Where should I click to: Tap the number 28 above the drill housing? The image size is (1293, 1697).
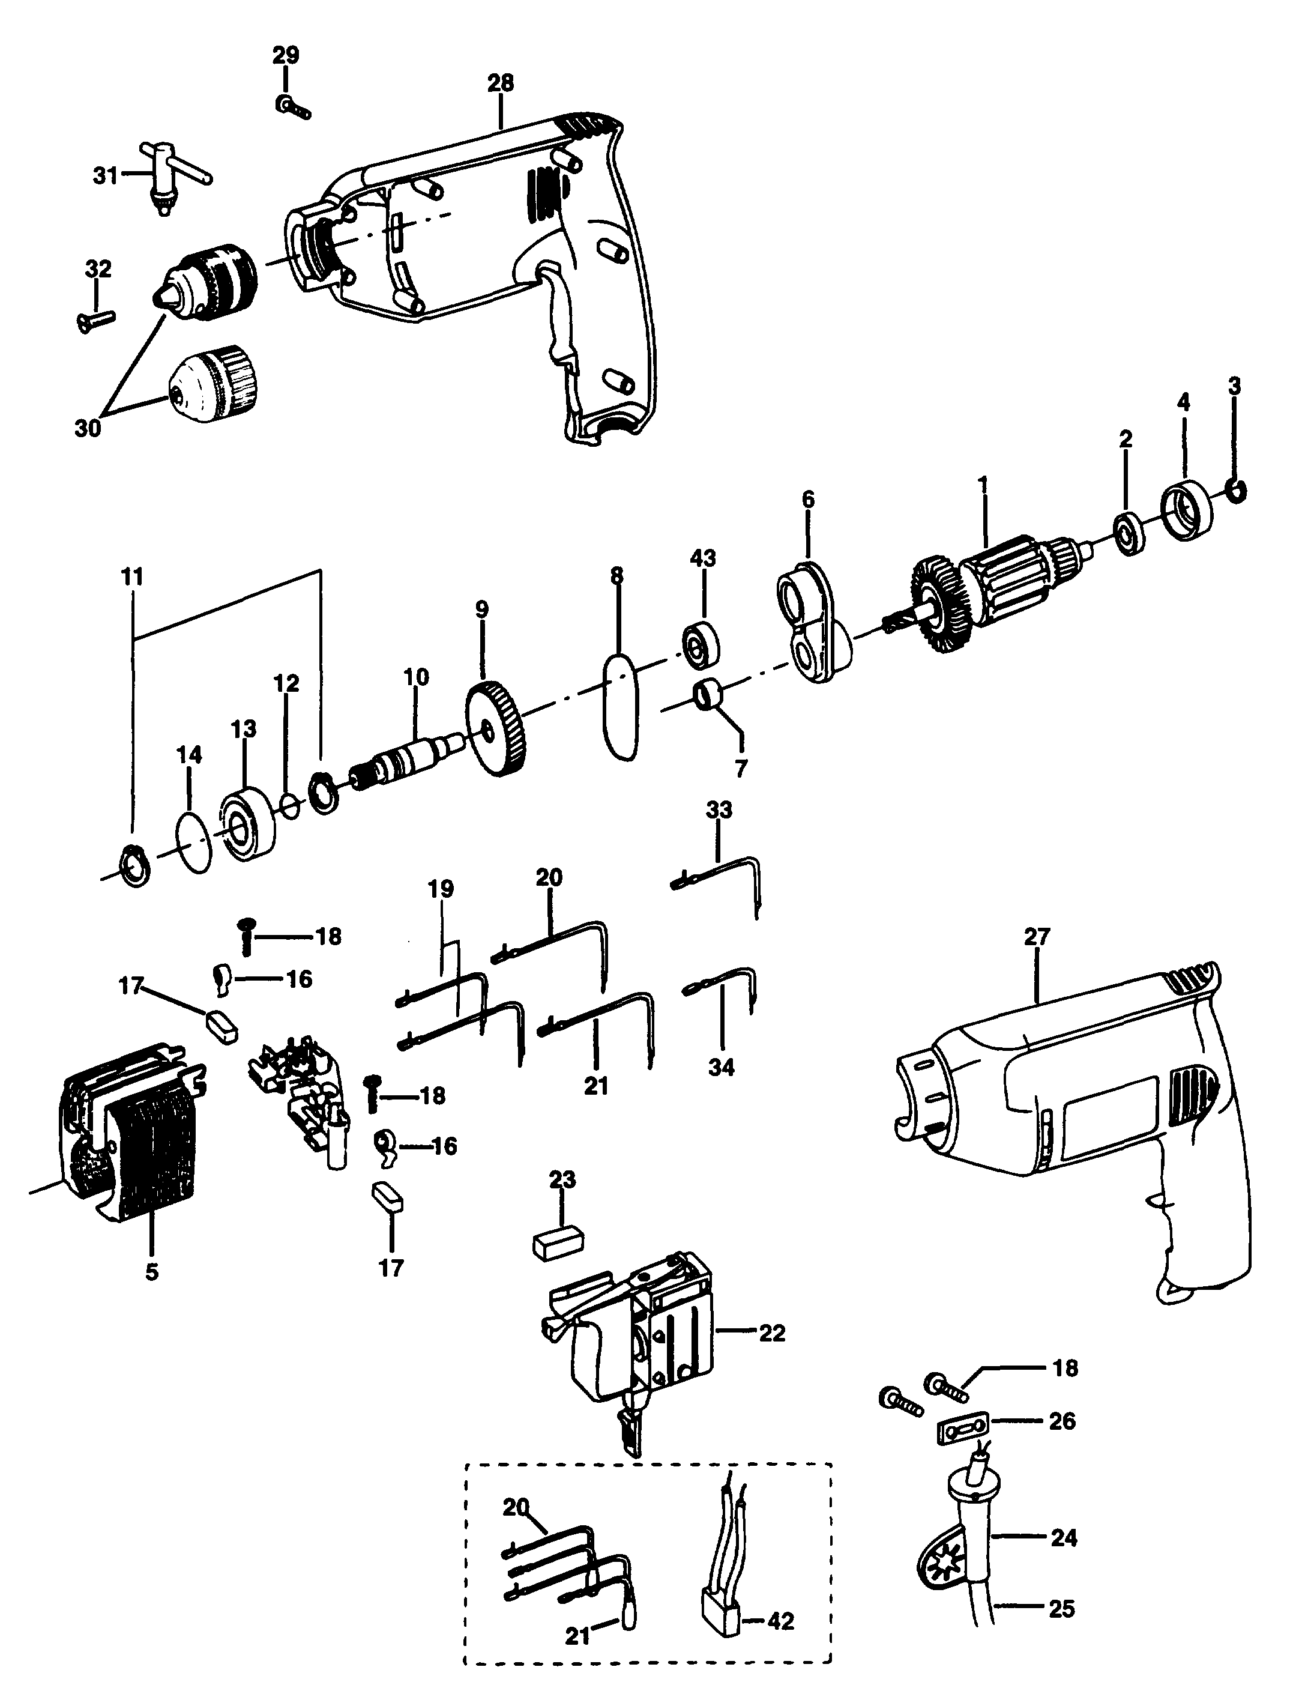click(500, 83)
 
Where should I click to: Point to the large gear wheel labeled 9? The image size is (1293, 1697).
click(496, 728)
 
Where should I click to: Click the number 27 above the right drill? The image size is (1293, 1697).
click(1037, 937)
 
